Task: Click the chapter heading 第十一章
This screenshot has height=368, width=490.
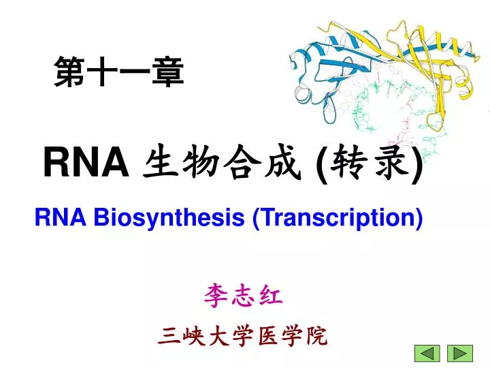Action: click(118, 72)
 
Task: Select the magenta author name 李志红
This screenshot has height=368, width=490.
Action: click(243, 296)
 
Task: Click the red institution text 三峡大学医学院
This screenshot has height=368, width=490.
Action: click(243, 336)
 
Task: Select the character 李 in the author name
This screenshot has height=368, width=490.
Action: click(215, 296)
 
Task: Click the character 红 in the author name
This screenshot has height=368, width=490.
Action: click(271, 296)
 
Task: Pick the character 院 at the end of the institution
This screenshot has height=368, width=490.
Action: click(316, 336)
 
